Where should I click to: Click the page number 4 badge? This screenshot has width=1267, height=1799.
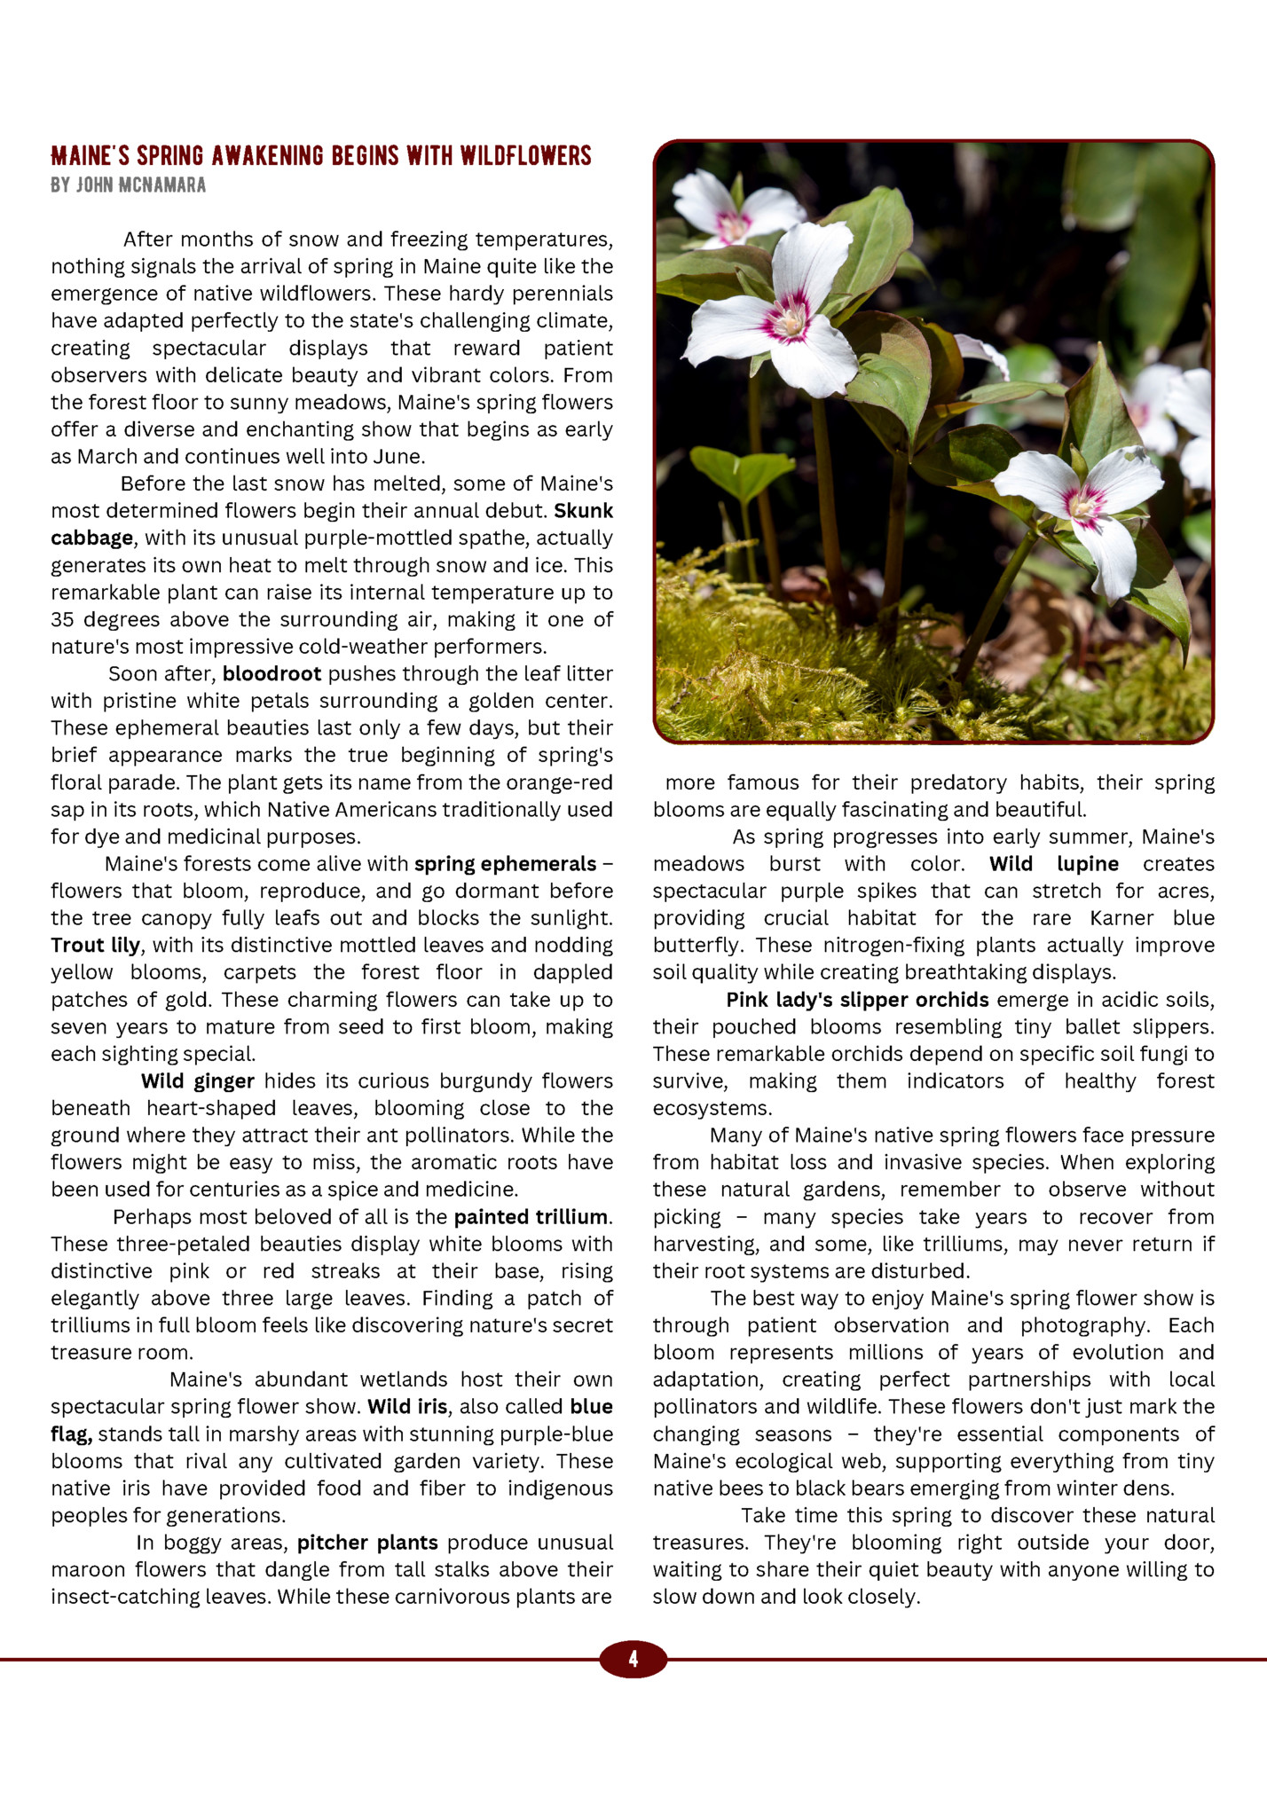(633, 1659)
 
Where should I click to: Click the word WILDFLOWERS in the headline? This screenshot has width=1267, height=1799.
(525, 157)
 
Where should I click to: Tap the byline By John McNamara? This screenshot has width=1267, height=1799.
(129, 185)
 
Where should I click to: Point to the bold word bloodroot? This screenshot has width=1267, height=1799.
(271, 674)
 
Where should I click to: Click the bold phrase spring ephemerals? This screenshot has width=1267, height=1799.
(505, 864)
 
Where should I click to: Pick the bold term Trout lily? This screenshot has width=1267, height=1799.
(96, 946)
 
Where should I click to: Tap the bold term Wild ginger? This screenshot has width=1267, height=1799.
(197, 1081)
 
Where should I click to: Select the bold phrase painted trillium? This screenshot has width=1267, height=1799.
(531, 1217)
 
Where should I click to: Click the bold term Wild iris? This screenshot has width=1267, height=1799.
(407, 1407)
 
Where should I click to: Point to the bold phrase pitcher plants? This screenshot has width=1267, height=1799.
(367, 1543)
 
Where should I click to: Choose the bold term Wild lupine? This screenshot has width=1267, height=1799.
(1054, 864)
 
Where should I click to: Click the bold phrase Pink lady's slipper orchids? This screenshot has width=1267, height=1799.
(857, 1000)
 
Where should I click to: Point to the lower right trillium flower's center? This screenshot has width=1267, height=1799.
(1084, 504)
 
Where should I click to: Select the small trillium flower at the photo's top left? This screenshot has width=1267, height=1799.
(732, 222)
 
